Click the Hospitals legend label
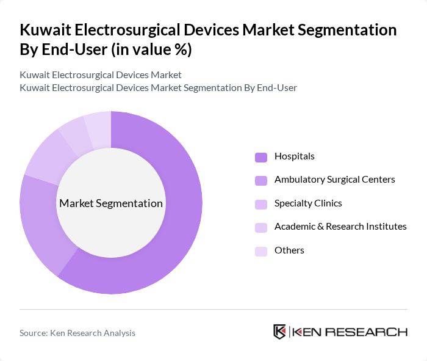(294, 156)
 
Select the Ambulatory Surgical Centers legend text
(334, 180)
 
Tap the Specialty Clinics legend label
(308, 203)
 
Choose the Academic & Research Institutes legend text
(340, 227)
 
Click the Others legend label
(289, 250)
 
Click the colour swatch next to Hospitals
(261, 157)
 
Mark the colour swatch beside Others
(261, 251)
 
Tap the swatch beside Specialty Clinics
(261, 204)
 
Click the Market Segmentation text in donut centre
(111, 203)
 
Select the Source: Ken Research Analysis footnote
(77, 333)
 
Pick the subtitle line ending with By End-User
(158, 87)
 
